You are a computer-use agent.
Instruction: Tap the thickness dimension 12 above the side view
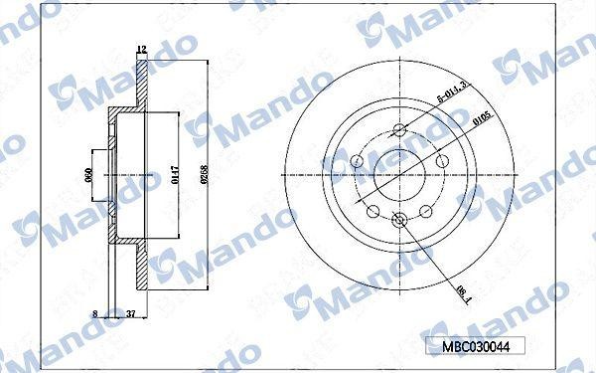coord(141,49)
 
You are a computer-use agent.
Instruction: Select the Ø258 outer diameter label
coord(203,177)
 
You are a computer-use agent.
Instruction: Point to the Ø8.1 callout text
coord(463,288)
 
